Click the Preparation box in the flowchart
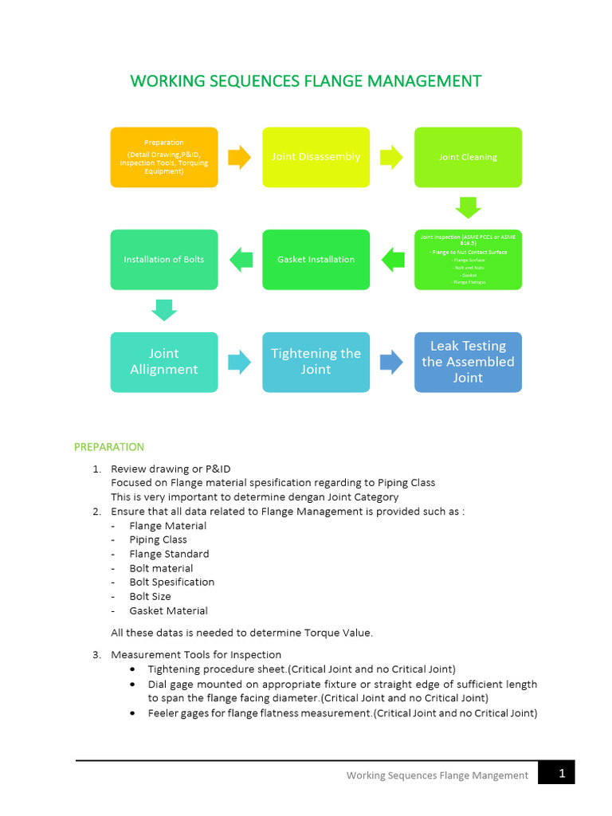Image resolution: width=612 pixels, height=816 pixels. tap(163, 157)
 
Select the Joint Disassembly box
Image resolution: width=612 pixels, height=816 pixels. tap(316, 157)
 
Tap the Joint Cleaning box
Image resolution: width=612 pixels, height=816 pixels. tap(468, 157)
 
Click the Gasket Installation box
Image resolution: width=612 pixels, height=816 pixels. tap(316, 259)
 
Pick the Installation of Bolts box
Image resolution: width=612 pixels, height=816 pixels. tap(163, 259)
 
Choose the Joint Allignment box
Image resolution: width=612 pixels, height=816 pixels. tap(163, 362)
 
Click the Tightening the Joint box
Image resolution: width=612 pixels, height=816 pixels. tap(316, 362)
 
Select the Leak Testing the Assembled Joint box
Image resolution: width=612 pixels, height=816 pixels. tap(468, 362)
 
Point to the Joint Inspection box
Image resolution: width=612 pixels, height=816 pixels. tap(468, 259)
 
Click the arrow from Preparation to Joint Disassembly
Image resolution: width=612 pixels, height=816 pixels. tap(240, 157)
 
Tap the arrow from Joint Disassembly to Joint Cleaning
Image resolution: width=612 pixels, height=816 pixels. tap(391, 157)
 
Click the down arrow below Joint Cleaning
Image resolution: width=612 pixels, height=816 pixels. tap(468, 207)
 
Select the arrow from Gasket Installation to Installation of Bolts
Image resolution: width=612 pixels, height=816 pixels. tap(241, 259)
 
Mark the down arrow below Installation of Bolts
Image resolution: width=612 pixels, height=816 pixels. tap(163, 310)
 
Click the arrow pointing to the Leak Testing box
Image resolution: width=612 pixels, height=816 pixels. tap(391, 362)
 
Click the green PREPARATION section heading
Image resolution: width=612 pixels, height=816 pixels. tap(109, 447)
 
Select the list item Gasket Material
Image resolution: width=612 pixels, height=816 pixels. tap(168, 610)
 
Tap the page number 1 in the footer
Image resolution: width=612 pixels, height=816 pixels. tap(561, 773)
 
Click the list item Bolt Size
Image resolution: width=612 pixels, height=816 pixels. tap(150, 596)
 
